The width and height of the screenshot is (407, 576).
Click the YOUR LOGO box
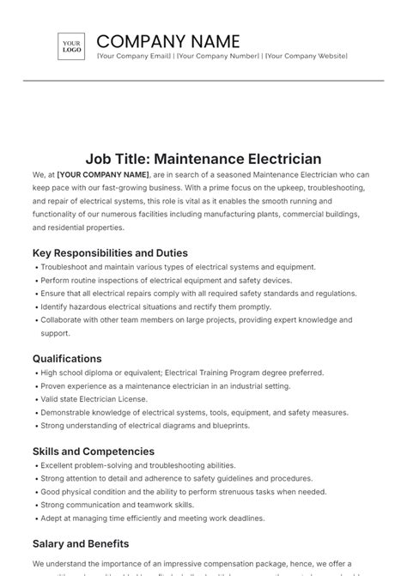[71, 46]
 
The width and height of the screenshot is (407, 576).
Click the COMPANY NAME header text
[168, 41]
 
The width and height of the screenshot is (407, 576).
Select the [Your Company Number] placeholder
[218, 56]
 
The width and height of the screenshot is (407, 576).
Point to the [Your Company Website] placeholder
[306, 56]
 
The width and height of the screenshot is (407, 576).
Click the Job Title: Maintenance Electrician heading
[203, 159]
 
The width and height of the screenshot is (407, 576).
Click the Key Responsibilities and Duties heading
[110, 253]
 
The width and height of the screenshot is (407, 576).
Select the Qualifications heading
[67, 359]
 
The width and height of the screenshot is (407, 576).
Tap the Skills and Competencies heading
[94, 452]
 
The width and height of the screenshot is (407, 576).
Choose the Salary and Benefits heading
[81, 543]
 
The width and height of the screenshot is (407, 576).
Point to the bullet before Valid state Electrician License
[35, 399]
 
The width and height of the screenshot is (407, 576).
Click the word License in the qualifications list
[133, 399]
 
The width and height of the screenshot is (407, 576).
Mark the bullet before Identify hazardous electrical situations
[35, 307]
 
